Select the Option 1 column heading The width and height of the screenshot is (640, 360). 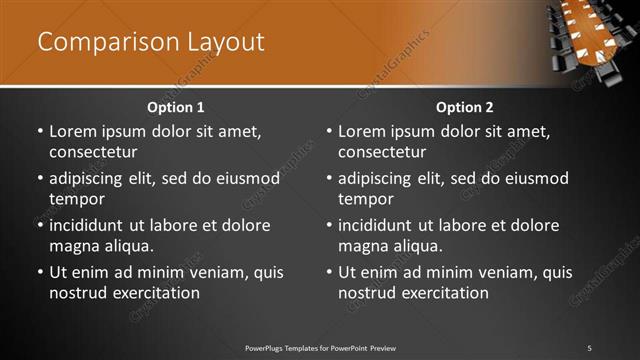coord(175,107)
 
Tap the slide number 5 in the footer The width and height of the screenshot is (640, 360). coord(589,347)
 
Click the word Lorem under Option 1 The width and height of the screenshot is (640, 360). coord(71,131)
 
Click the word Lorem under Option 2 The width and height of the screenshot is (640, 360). coord(360,131)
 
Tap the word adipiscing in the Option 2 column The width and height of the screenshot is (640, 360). coord(381,178)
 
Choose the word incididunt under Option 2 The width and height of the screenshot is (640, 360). coord(381,225)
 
